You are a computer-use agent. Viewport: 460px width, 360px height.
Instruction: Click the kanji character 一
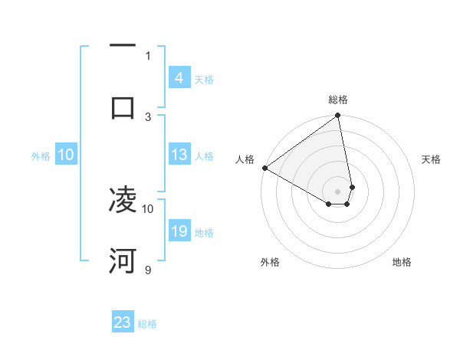[123, 46]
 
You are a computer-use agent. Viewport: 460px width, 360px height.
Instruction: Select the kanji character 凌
[123, 201]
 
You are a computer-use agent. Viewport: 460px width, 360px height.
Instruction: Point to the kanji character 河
[123, 261]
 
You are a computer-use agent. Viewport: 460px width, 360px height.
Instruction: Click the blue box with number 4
[179, 77]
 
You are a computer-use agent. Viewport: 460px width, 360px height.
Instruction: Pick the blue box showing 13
[179, 155]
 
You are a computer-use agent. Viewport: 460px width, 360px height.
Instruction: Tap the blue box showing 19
[179, 231]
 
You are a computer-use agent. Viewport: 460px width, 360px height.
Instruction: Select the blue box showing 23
[123, 322]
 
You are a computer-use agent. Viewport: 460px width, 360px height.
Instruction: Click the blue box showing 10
[66, 155]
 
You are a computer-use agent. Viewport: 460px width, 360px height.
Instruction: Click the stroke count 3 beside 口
[148, 116]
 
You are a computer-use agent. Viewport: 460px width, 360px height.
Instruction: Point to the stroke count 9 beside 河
[148, 270]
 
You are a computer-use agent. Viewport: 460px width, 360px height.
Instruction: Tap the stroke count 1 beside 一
[148, 55]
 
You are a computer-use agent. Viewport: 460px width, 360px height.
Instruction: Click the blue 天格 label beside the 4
[204, 79]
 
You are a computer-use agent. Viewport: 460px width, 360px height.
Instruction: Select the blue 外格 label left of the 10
[41, 155]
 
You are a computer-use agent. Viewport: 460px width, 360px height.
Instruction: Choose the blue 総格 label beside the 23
[147, 324]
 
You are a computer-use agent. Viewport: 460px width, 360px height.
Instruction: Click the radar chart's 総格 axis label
[338, 100]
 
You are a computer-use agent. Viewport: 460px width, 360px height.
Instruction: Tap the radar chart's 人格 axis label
[245, 159]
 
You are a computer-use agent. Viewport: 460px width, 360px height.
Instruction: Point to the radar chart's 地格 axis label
[402, 262]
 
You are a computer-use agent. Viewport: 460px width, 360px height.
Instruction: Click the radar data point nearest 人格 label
[264, 168]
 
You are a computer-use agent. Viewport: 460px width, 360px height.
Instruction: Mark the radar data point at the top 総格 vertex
[338, 116]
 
